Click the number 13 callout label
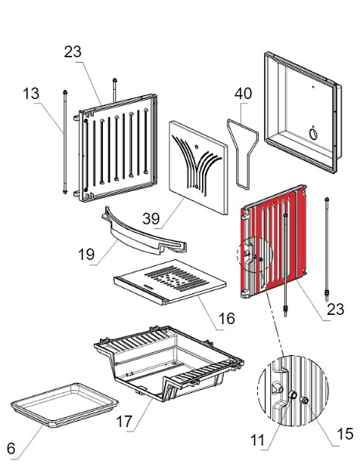point(31,94)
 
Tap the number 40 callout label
point(243,93)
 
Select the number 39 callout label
point(151,218)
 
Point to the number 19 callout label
point(87,254)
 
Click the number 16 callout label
point(226,319)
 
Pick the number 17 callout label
point(124,421)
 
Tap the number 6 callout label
point(11,449)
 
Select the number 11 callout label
point(257,440)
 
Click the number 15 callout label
point(345,434)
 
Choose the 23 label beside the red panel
point(335,309)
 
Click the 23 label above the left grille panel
point(73,52)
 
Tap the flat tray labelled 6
point(64,405)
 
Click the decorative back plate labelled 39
point(198,168)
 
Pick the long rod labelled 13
point(65,142)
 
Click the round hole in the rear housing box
point(313,133)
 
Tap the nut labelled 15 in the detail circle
point(304,400)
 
